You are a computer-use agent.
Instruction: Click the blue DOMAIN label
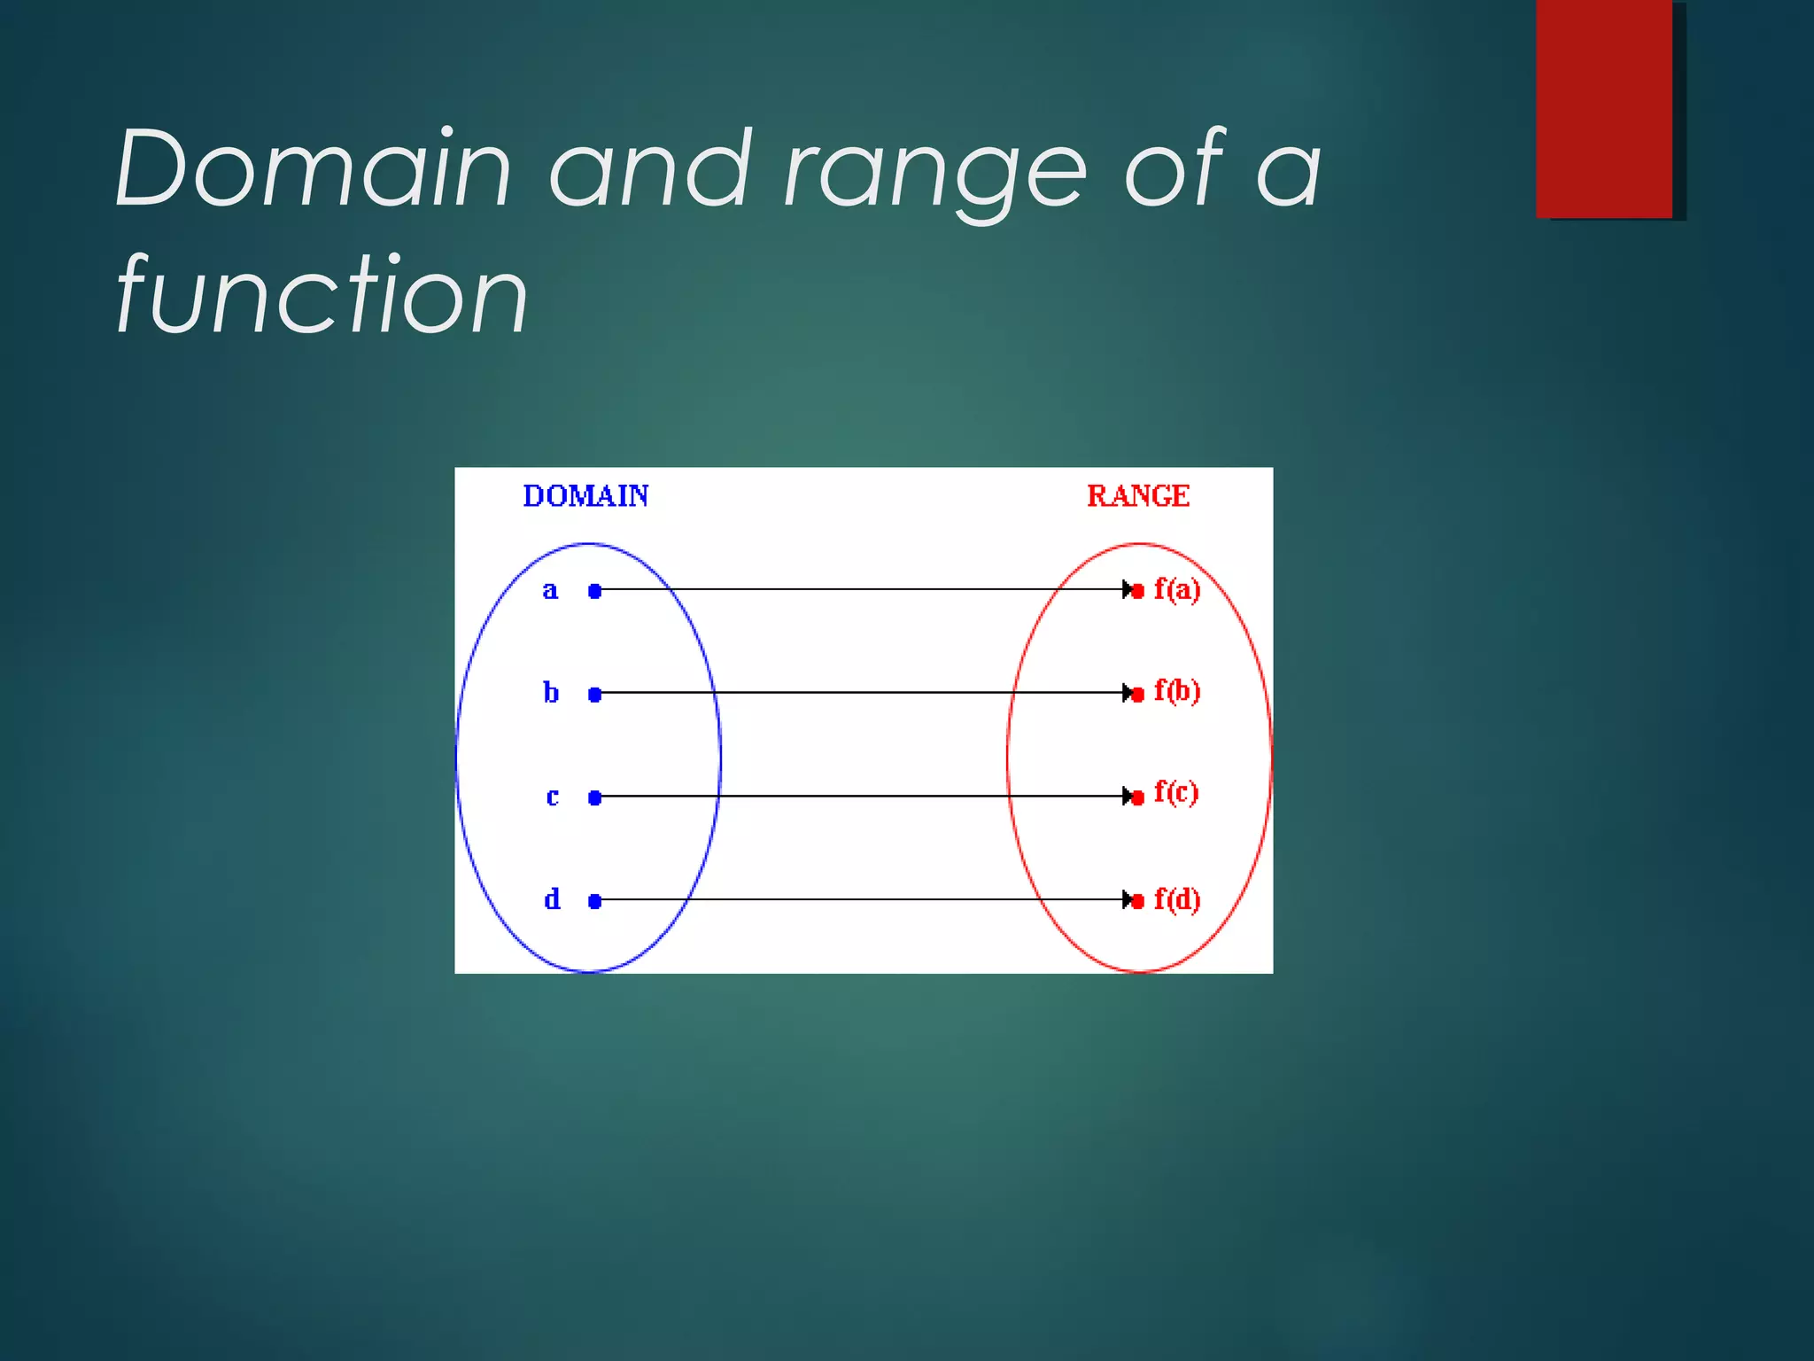tap(585, 496)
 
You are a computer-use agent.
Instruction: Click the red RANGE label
tap(1138, 496)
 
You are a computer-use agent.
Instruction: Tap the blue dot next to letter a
tap(595, 591)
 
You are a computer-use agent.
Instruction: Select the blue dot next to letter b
tap(595, 695)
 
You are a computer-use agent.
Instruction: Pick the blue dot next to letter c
tap(595, 798)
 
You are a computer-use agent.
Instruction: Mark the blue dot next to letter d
tap(595, 901)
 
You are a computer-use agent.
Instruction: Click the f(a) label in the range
tap(1177, 589)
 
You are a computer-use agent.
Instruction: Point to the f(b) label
tap(1177, 691)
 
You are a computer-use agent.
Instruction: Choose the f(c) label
tap(1176, 792)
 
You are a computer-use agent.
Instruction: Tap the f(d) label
tap(1177, 899)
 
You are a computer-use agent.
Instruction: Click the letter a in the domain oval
tap(550, 591)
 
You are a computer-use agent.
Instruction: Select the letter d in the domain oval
tap(552, 899)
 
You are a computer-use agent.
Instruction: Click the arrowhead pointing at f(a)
tap(1128, 589)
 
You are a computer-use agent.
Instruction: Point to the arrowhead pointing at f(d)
tap(1128, 899)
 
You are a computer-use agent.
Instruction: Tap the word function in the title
tap(322, 294)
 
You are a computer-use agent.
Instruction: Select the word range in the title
tap(935, 173)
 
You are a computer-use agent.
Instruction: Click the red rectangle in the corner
tap(1604, 108)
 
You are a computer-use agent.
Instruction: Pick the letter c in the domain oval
tap(552, 797)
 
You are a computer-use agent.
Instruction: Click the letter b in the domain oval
tap(551, 692)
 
